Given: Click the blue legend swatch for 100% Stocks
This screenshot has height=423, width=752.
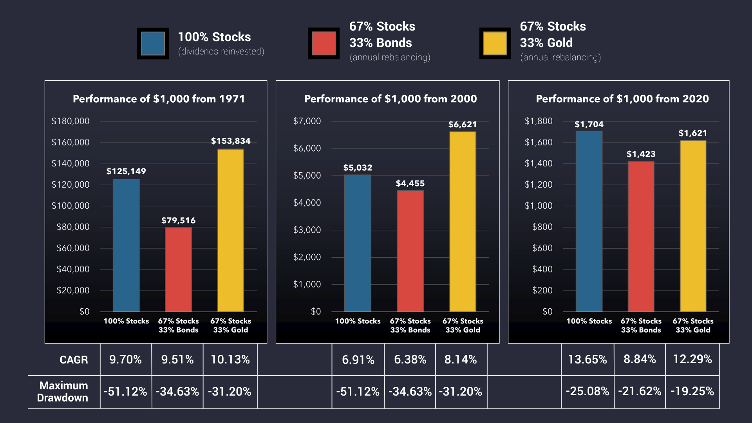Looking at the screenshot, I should click(153, 43).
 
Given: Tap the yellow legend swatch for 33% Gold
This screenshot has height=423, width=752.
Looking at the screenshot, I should click(495, 43).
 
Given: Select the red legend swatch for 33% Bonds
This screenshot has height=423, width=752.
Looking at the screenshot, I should click(324, 43).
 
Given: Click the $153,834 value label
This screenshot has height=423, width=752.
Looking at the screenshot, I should click(231, 141).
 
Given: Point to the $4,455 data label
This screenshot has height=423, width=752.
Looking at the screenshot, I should click(410, 183).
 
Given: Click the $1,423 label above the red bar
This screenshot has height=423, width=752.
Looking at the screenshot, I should click(641, 154).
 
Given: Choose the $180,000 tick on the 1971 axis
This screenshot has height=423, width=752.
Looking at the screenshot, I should click(70, 121).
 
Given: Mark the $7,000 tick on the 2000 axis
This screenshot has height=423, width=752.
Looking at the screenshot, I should click(307, 121).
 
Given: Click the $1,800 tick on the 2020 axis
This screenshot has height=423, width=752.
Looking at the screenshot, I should click(539, 121).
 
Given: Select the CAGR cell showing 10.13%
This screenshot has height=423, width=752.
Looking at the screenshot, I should click(230, 360).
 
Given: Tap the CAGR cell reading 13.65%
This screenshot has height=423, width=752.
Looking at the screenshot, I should click(587, 360).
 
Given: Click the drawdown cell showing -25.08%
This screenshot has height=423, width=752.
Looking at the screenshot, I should click(587, 391).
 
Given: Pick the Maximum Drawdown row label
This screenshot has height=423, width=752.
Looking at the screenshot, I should click(63, 392).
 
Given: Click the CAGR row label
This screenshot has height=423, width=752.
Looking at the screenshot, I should click(74, 360).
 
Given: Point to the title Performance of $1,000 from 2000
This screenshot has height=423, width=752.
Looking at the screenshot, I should click(390, 99).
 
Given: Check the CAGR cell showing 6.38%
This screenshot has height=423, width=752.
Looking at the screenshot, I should click(410, 360).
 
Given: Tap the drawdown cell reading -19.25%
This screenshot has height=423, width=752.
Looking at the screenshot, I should click(692, 391).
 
